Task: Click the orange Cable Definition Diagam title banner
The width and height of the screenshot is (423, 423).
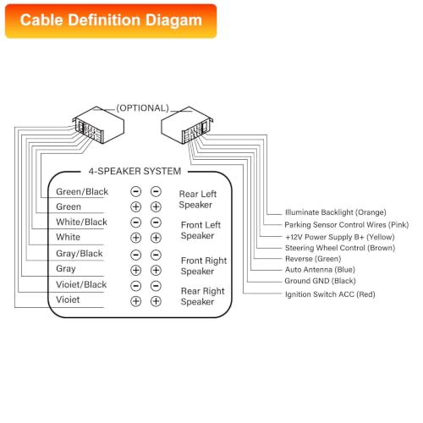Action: (111, 21)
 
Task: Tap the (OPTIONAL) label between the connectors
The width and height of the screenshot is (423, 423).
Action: (143, 108)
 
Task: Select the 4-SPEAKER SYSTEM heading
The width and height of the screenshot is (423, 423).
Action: (135, 171)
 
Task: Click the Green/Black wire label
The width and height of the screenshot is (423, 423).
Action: (82, 192)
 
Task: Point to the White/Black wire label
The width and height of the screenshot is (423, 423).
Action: (81, 222)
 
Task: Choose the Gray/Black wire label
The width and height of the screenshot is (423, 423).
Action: (80, 254)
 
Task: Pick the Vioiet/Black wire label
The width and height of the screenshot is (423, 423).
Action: (81, 284)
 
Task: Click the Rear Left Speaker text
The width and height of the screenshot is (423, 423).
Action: (198, 199)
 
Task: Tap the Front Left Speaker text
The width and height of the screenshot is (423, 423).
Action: (201, 230)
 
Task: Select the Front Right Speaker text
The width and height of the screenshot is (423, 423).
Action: (204, 266)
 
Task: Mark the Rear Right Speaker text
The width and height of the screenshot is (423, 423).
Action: (202, 296)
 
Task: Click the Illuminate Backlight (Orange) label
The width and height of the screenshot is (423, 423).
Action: (336, 212)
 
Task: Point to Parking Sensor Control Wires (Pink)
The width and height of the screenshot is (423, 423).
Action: (347, 225)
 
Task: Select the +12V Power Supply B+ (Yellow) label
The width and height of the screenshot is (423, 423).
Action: (340, 237)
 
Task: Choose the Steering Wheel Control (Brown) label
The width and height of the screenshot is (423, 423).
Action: (340, 248)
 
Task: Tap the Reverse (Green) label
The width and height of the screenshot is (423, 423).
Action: (313, 259)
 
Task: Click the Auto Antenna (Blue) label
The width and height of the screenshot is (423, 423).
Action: (320, 270)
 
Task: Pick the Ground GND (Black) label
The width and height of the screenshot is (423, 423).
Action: (320, 281)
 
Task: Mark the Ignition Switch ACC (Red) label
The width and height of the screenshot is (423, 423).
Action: (330, 294)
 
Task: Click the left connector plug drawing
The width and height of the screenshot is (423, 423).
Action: (98, 124)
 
